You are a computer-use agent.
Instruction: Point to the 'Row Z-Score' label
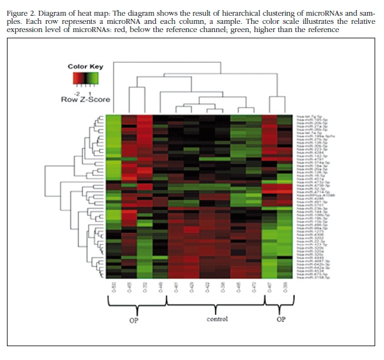pyautogui.click(x=85, y=99)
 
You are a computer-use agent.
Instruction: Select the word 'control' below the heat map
pyautogui.click(x=217, y=319)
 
